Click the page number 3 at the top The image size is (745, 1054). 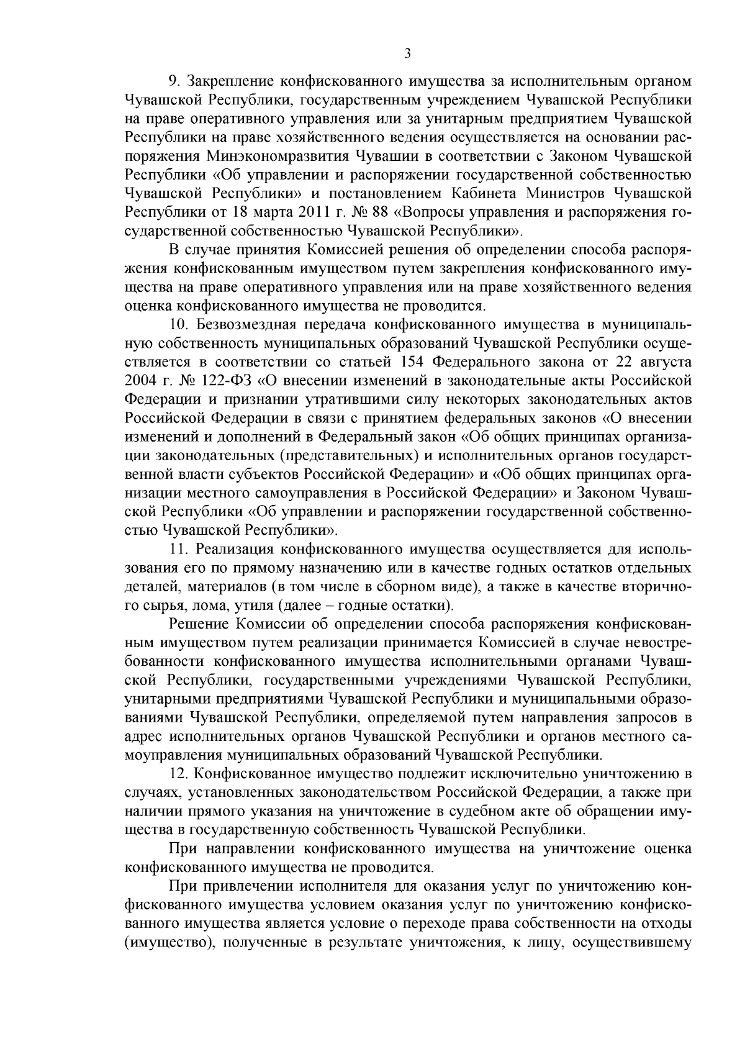click(x=407, y=54)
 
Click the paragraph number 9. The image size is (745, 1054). click(x=174, y=81)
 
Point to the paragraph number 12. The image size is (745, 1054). click(x=179, y=774)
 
